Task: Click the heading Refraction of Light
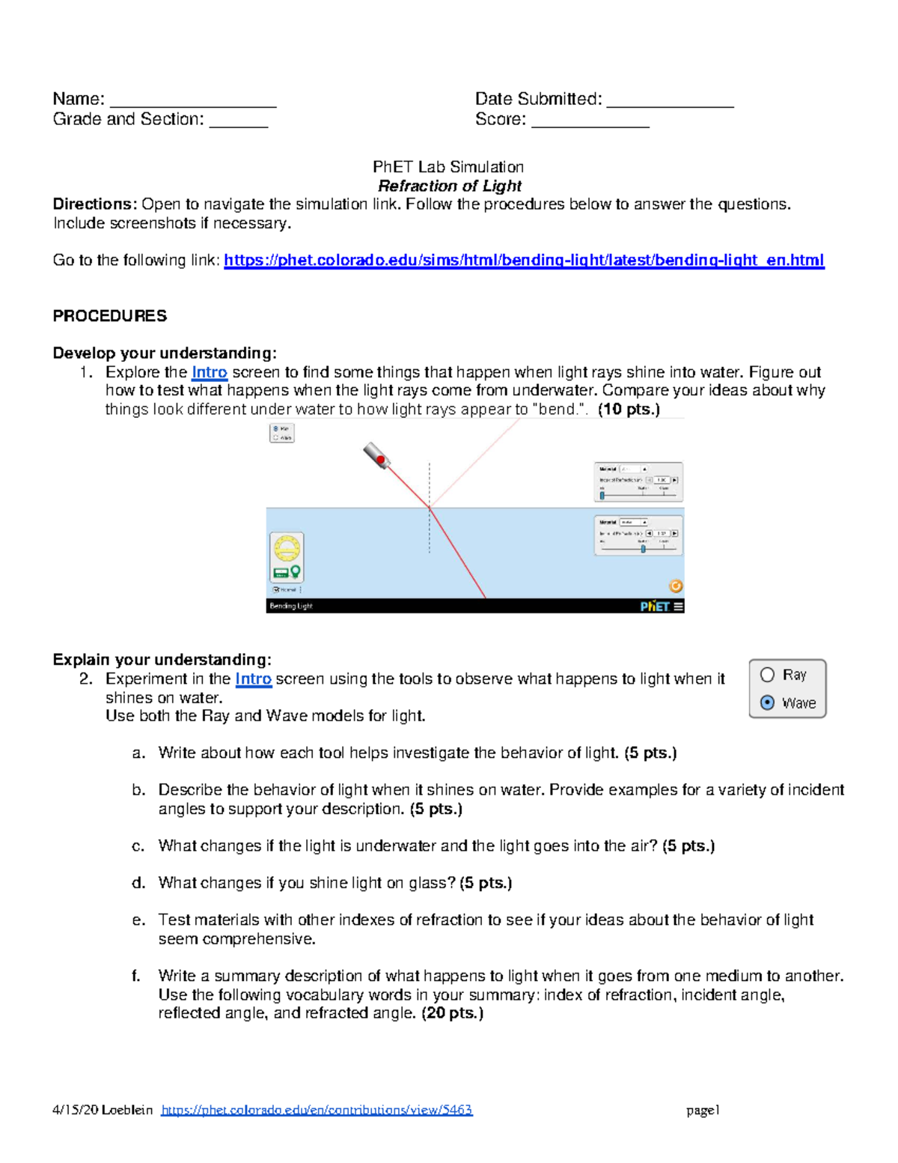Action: pyautogui.click(x=449, y=186)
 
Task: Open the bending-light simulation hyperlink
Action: pyautogui.click(x=524, y=260)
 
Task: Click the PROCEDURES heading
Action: pyautogui.click(x=109, y=316)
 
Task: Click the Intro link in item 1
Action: pyautogui.click(x=209, y=372)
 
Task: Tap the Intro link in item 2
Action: pyautogui.click(x=253, y=678)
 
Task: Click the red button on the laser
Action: pyautogui.click(x=380, y=459)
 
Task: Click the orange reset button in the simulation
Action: pyautogui.click(x=675, y=586)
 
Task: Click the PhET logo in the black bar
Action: pyautogui.click(x=654, y=606)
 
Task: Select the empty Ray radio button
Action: pyautogui.click(x=767, y=675)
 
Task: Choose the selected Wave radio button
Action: pyautogui.click(x=767, y=702)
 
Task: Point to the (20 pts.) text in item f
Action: pyautogui.click(x=452, y=1013)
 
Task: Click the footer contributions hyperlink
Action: pyautogui.click(x=317, y=1110)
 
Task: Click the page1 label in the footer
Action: pyautogui.click(x=703, y=1110)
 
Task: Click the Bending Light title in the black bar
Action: pyautogui.click(x=291, y=606)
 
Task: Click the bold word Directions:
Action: pyautogui.click(x=94, y=204)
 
